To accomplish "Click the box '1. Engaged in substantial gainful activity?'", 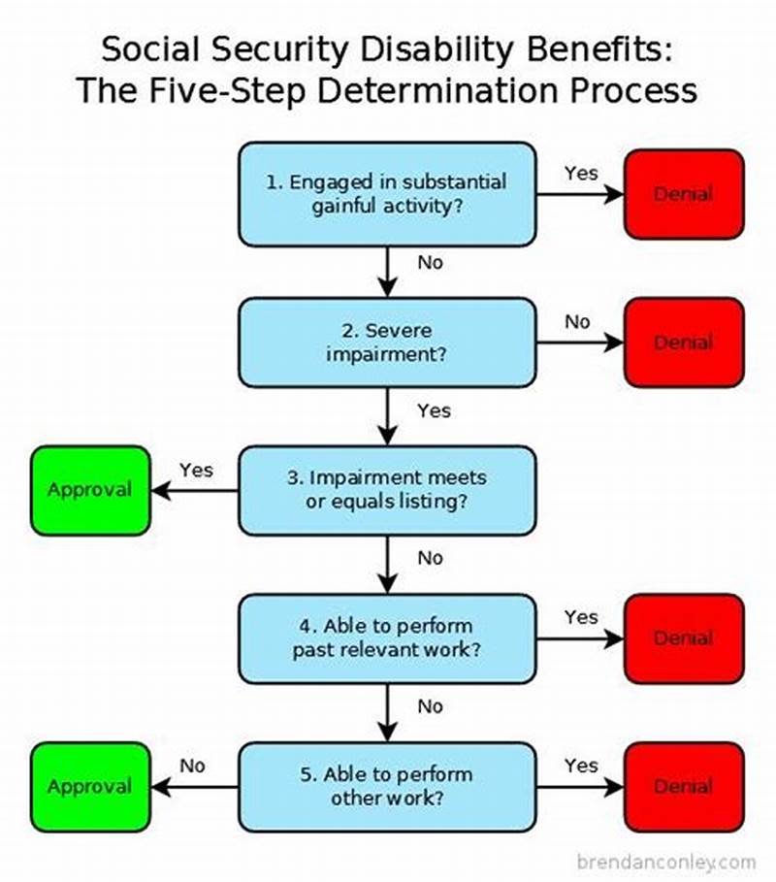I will point(387,194).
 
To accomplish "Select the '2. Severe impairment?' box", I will point(387,343).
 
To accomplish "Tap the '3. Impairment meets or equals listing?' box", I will point(387,490).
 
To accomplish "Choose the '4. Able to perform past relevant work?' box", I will point(387,638).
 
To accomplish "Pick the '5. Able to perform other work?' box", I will point(387,787).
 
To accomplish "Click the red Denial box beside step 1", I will point(683,194).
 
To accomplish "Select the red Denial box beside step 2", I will point(683,343).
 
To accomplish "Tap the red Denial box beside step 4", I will point(683,638).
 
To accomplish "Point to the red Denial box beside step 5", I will point(683,787).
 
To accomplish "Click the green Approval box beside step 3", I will point(90,490).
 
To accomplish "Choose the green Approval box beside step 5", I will point(90,787).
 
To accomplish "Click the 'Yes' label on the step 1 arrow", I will point(581,173).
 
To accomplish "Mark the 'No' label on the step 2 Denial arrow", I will point(577,321).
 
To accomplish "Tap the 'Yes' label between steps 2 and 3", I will point(434,410).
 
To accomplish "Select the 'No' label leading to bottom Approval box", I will point(192,766).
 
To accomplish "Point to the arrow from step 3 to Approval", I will point(194,491).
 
